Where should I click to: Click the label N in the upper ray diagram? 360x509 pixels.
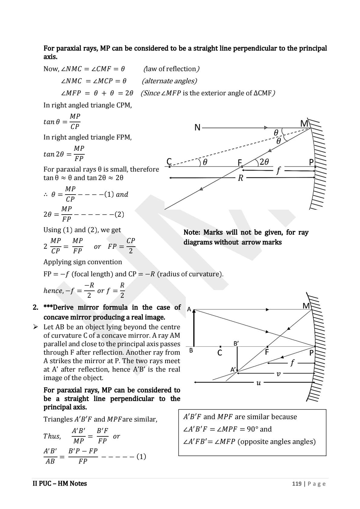tap(198, 127)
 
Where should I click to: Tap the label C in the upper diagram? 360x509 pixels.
tap(169, 161)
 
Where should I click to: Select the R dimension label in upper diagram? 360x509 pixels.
tap(241, 178)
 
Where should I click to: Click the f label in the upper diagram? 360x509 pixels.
tap(278, 171)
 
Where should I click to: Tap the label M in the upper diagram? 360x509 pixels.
tap(304, 123)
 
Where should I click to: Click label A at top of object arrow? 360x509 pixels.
tap(189, 309)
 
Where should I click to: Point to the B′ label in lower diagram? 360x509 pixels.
tap(236, 343)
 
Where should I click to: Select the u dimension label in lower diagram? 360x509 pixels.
tap(258, 383)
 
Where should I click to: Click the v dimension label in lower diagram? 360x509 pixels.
tap(279, 374)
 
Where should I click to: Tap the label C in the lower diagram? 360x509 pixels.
tap(220, 353)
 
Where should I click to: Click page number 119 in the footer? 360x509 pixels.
tap(297, 484)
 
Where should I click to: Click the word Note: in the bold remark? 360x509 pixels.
tap(192, 232)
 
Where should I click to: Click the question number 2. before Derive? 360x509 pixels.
tap(36, 307)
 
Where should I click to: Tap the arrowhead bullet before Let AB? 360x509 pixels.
tap(36, 327)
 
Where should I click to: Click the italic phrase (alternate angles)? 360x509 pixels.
tap(169, 81)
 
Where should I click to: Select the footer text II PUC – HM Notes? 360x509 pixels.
tap(60, 484)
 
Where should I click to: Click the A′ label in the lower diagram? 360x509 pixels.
tap(233, 369)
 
